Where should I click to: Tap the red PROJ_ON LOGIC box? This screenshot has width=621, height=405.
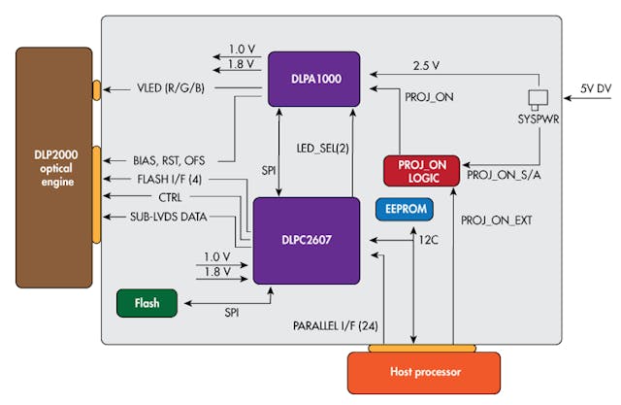coord(423,170)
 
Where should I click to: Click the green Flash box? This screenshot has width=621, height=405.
coord(148,303)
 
